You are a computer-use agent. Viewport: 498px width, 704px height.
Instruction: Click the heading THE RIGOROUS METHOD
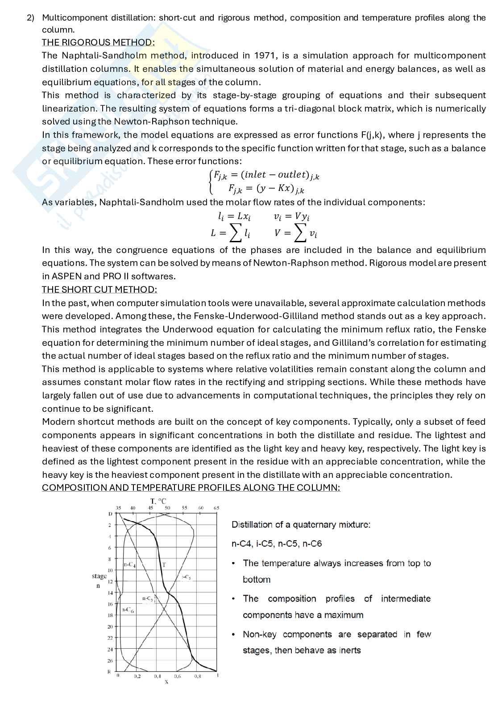tap(98, 42)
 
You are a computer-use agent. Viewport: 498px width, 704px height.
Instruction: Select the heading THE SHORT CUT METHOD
tap(99, 290)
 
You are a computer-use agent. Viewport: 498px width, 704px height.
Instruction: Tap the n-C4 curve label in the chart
tap(129, 565)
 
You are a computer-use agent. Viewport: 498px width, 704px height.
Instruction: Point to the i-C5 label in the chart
tap(187, 577)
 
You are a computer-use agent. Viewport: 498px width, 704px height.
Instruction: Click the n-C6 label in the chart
tap(128, 610)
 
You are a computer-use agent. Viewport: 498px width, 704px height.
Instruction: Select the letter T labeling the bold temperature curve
tap(164, 565)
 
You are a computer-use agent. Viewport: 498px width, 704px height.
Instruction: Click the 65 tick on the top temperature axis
tap(216, 508)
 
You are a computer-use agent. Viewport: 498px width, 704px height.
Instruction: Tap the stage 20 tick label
tap(110, 627)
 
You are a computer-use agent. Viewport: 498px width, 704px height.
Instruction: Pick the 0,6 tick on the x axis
tap(177, 676)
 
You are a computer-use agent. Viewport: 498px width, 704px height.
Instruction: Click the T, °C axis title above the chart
tap(158, 501)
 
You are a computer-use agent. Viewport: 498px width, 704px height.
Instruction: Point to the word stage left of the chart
tap(99, 576)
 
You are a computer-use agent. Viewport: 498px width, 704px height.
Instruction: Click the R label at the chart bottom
tap(109, 671)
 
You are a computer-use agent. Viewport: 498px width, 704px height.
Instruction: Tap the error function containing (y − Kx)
tap(266, 188)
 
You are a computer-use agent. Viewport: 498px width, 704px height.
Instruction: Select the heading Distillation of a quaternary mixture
tap(301, 525)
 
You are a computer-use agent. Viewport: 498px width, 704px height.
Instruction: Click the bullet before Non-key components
tap(234, 634)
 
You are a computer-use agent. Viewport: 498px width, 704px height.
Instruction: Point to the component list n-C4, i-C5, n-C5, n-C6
tap(276, 544)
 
